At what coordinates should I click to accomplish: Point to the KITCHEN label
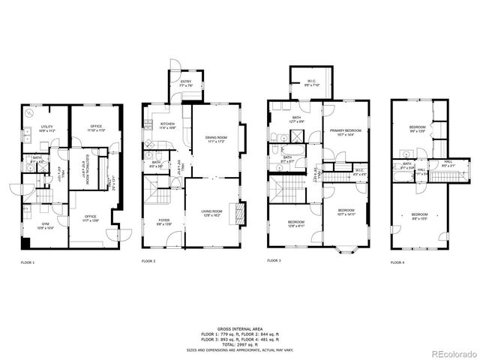(167, 126)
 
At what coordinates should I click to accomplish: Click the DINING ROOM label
(216, 139)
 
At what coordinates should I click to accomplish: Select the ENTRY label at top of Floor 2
(185, 84)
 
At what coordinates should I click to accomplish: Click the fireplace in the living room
(239, 214)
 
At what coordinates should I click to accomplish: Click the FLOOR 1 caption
(28, 262)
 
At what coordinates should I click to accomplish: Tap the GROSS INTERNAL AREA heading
(239, 329)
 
